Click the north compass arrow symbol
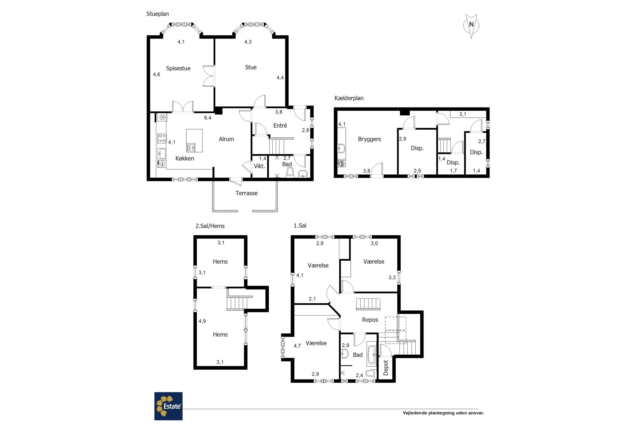point(471,26)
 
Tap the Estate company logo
point(168,406)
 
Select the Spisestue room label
point(178,68)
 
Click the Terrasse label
point(247,193)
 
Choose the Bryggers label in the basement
point(369,139)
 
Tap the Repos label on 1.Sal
point(370,320)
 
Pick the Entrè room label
point(280,125)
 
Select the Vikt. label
point(259,166)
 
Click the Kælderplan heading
point(349,98)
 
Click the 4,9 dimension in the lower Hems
point(202,321)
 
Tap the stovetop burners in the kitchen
point(162,138)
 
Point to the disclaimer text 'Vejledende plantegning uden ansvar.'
point(443,413)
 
